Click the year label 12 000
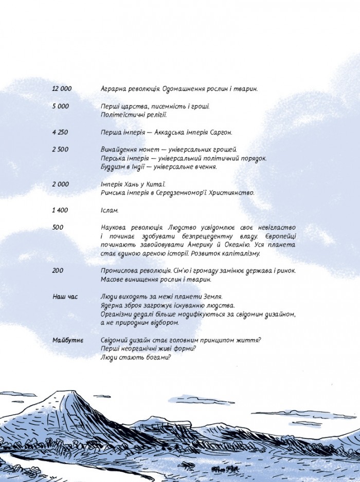(x=62, y=89)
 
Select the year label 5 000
(x=60, y=106)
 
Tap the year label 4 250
(x=60, y=132)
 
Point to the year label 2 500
(x=60, y=150)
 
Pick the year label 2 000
(x=60, y=184)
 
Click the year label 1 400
(x=60, y=210)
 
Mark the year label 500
(x=57, y=227)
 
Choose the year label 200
(x=57, y=271)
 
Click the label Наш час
(x=65, y=297)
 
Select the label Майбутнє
(x=68, y=340)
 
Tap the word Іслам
(x=110, y=210)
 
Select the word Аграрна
(x=115, y=89)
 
